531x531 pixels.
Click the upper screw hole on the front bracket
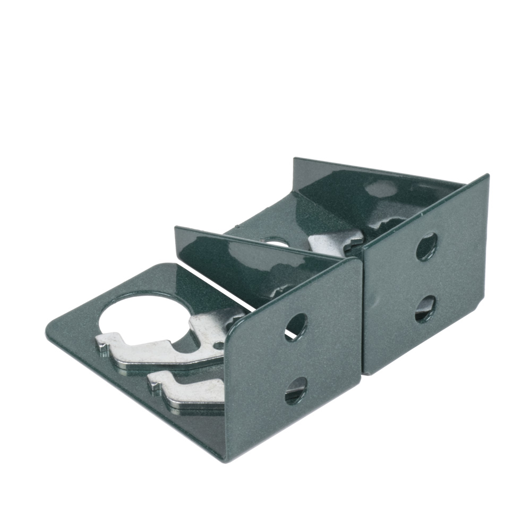[x=296, y=326]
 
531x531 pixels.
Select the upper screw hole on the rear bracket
[x=426, y=246]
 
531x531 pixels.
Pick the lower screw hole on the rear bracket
[x=425, y=309]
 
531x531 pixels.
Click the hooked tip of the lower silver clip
[x=155, y=382]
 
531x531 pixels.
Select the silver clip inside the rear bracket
[x=335, y=242]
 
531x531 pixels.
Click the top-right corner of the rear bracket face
[x=486, y=176]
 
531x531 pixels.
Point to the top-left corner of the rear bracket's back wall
[x=295, y=159]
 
